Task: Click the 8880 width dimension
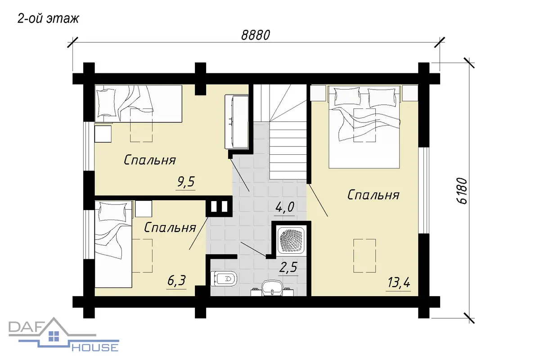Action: click(256, 35)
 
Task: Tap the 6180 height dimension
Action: click(462, 191)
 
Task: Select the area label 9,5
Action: click(185, 182)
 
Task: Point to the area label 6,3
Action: click(176, 281)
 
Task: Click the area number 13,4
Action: click(399, 283)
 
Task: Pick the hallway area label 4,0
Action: click(285, 207)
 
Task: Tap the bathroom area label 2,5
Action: click(288, 267)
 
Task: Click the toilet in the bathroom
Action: click(224, 279)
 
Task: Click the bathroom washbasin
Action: click(272, 288)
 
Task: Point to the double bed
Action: click(364, 126)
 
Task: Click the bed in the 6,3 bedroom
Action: click(113, 244)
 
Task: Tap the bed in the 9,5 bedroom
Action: click(139, 104)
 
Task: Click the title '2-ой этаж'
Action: click(48, 18)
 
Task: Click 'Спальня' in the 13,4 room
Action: click(373, 195)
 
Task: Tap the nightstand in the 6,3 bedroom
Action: click(144, 209)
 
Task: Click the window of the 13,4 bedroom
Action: click(423, 190)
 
